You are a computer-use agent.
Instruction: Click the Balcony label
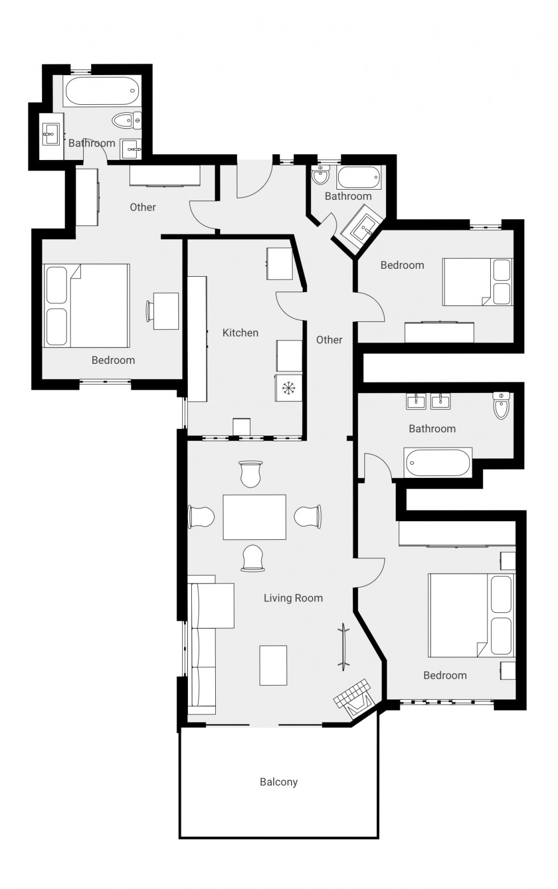tap(278, 782)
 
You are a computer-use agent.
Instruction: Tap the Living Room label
tap(293, 598)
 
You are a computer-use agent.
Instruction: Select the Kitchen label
tap(240, 333)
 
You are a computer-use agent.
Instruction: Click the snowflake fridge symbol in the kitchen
tap(289, 388)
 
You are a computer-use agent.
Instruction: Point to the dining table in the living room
tap(254, 517)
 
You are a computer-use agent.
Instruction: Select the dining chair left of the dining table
tap(201, 517)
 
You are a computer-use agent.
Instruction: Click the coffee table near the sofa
tap(273, 665)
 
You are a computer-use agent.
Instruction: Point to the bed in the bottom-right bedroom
tap(470, 615)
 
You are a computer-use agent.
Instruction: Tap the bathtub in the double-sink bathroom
tap(438, 462)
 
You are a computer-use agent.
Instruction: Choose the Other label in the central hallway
tap(329, 340)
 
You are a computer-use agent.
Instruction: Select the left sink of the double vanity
tap(416, 402)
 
